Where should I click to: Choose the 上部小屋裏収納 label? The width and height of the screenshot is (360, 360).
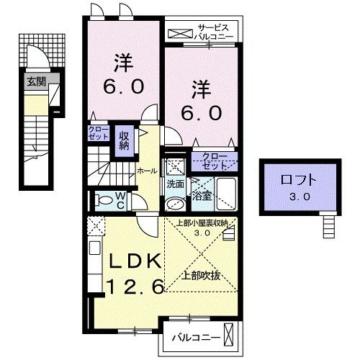tap(202, 222)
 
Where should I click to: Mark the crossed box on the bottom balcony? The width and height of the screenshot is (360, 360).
tap(230, 336)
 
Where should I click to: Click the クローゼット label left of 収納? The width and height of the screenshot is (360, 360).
tap(98, 135)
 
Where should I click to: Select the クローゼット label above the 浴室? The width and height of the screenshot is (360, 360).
tap(212, 160)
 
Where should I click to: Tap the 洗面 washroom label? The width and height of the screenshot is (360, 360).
tap(175, 184)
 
